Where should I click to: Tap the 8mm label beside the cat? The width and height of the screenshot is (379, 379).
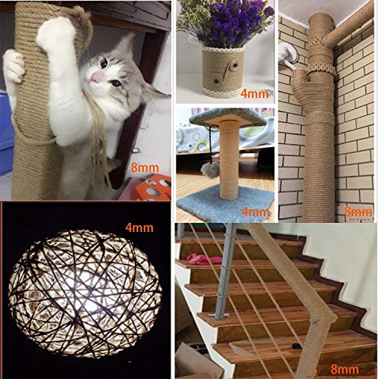145,168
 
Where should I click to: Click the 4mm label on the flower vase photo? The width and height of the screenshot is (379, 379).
255,94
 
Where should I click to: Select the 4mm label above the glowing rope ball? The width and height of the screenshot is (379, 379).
139,228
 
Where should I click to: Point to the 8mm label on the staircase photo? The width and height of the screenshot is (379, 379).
345,369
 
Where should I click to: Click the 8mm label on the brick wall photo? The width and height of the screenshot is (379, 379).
359,212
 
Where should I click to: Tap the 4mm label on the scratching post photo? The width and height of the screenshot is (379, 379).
255,211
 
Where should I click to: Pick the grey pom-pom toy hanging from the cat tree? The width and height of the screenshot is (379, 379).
210,169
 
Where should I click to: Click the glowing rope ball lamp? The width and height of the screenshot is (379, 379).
85,293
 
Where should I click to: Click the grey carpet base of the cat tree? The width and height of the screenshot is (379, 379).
226,202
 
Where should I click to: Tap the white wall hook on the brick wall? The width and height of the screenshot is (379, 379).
287,57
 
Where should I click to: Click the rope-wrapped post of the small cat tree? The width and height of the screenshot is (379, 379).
229,159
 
